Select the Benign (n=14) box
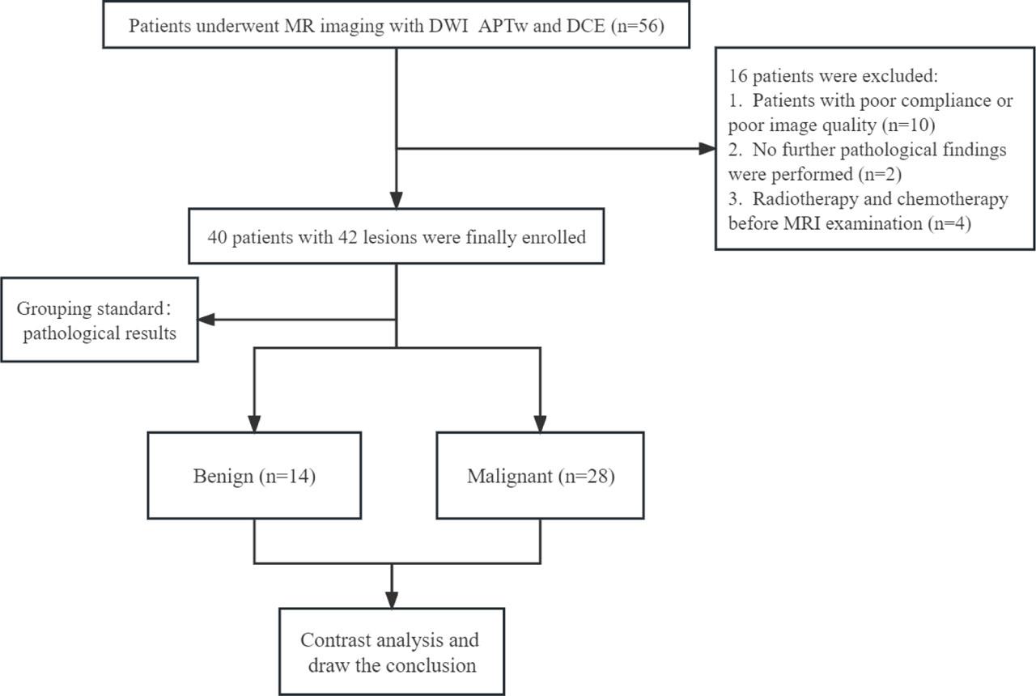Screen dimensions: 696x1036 [255, 475]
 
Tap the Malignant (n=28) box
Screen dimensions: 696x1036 [540, 475]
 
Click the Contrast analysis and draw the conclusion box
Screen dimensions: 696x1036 [392, 652]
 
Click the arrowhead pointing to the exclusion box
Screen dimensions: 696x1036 [707, 149]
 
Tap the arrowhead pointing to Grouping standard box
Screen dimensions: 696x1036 [207, 320]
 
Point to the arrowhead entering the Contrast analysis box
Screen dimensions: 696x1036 [392, 600]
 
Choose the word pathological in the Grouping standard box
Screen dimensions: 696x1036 [70, 333]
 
